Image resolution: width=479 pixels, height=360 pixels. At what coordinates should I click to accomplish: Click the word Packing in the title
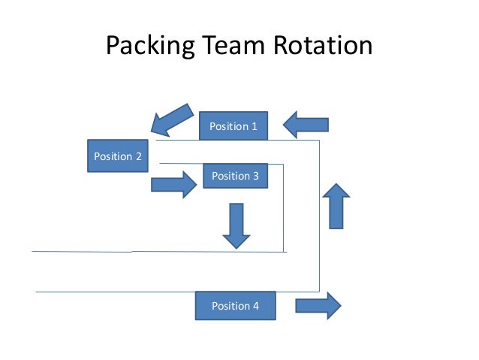click(x=148, y=47)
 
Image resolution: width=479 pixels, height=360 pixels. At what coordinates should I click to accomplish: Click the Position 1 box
click(x=233, y=126)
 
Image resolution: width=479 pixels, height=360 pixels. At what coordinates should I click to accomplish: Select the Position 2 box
click(x=117, y=156)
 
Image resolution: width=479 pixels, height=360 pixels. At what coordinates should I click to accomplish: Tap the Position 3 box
click(x=235, y=176)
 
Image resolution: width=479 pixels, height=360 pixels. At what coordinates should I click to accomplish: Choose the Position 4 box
click(x=235, y=306)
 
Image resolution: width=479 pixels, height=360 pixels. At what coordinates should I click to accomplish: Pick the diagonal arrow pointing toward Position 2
click(x=172, y=117)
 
